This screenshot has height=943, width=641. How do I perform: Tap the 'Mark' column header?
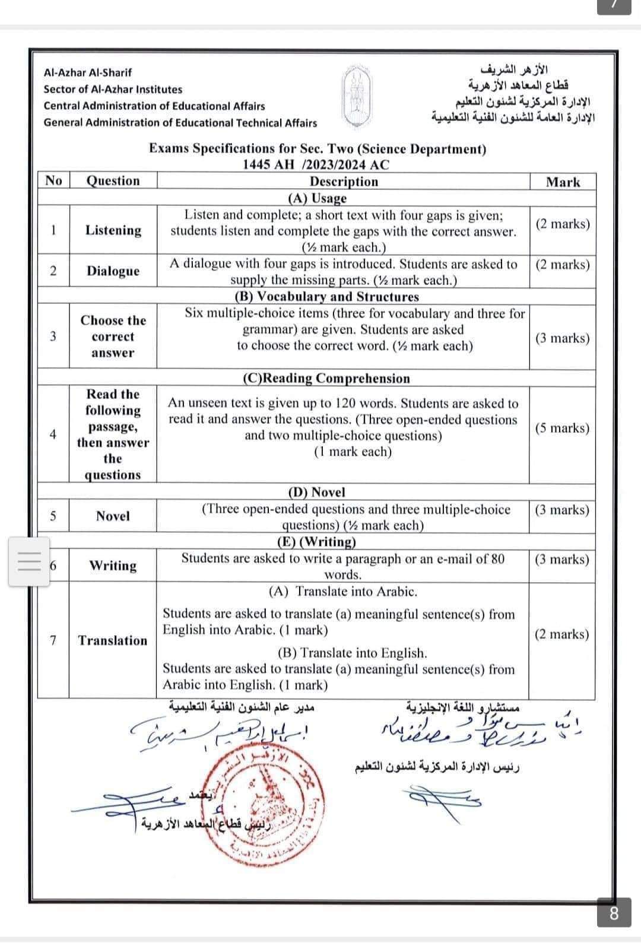pyautogui.click(x=562, y=182)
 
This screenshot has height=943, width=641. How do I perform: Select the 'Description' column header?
pyautogui.click(x=344, y=182)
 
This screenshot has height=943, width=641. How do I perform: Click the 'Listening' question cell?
pyautogui.click(x=113, y=230)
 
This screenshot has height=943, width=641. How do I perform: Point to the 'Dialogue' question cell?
pyautogui.click(x=113, y=271)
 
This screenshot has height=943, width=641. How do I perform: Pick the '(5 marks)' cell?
pyautogui.click(x=562, y=428)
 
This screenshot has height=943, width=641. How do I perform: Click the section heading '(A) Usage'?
pyautogui.click(x=317, y=198)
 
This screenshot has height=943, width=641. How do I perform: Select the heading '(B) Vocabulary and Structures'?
pyautogui.click(x=326, y=297)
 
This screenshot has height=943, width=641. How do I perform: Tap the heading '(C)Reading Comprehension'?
pyautogui.click(x=326, y=379)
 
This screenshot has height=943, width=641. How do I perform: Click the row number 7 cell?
pyautogui.click(x=53, y=640)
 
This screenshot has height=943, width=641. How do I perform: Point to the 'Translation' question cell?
pyautogui.click(x=113, y=640)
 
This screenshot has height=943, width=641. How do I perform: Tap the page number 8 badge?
pyautogui.click(x=614, y=913)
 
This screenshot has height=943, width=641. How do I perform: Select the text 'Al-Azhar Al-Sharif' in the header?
pyautogui.click(x=88, y=72)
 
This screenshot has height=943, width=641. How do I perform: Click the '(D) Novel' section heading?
pyautogui.click(x=316, y=492)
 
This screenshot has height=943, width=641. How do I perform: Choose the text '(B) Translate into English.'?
pyautogui.click(x=353, y=653)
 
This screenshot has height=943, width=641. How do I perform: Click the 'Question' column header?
pyautogui.click(x=113, y=181)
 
